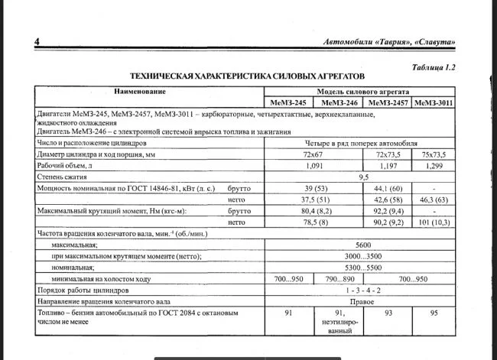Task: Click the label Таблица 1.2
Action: [433, 67]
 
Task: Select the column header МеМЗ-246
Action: [339, 102]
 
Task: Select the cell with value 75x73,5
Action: [435, 154]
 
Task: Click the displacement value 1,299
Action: [435, 165]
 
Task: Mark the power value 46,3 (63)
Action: [435, 198]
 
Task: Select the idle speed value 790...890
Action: [339, 280]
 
